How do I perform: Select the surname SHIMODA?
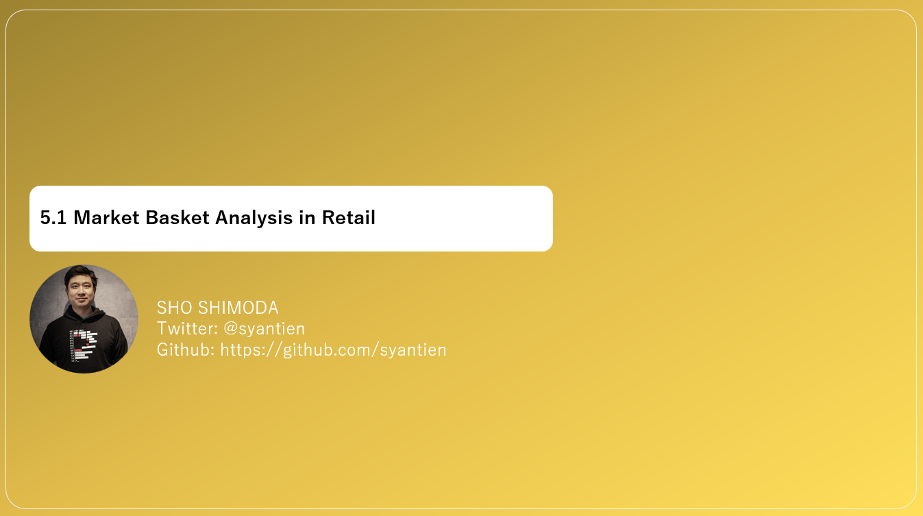click(x=238, y=308)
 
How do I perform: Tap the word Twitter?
click(x=187, y=328)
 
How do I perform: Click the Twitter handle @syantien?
click(x=264, y=329)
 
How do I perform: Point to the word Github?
click(x=186, y=349)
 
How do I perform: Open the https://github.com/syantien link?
click(x=333, y=349)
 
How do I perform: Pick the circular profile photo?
click(x=84, y=319)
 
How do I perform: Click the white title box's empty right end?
click(x=480, y=219)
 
